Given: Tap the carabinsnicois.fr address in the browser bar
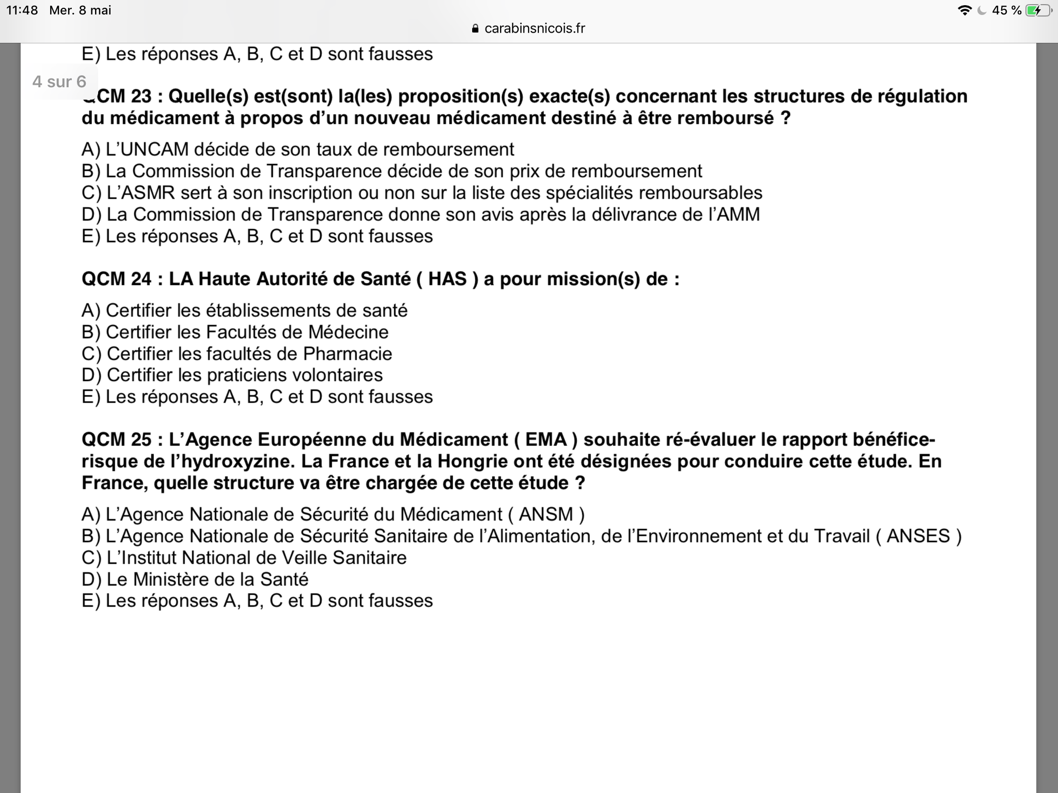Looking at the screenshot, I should pos(535,28).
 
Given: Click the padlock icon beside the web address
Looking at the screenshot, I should pos(475,29).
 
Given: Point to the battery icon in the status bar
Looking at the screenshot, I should pos(1038,10).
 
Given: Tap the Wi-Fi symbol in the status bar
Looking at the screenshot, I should pos(964,10).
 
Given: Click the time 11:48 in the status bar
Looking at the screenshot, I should pos(22,10).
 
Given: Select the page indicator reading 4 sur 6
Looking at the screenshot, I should pos(59,82).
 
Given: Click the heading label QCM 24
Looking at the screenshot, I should pos(117,279).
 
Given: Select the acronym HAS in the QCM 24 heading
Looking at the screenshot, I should pos(447,279).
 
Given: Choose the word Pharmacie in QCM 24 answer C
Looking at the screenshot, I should pos(347,354).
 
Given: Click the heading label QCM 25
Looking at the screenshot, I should pos(117,440).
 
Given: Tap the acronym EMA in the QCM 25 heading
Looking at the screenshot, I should pos(546,440).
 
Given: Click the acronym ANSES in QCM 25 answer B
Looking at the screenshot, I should pos(918,536).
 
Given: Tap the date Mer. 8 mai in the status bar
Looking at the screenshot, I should pos(80,10).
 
